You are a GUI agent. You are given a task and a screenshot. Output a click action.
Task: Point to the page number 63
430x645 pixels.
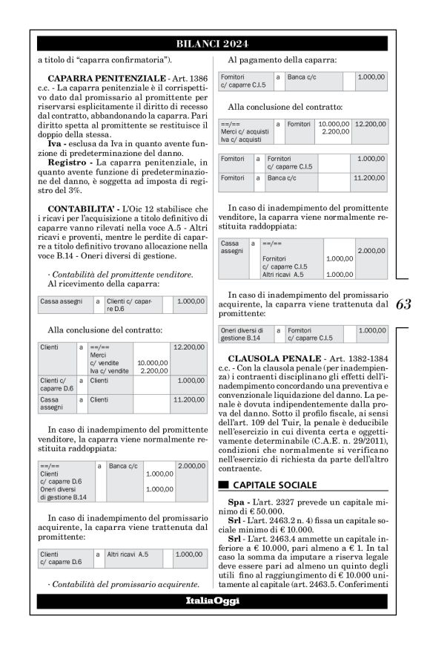(404, 304)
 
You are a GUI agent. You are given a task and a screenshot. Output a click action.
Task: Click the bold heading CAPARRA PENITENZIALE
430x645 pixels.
(96, 78)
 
